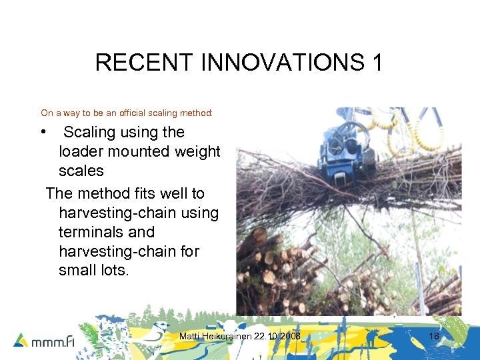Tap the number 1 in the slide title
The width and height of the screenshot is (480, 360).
(377, 63)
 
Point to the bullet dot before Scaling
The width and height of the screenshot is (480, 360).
(43, 131)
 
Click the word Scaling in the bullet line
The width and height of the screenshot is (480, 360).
(89, 132)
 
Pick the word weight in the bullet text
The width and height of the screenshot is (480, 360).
(197, 151)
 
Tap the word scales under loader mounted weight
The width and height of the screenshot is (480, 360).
(81, 171)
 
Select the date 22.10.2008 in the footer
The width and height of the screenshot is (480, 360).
(279, 337)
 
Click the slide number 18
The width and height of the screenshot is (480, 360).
(434, 337)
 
